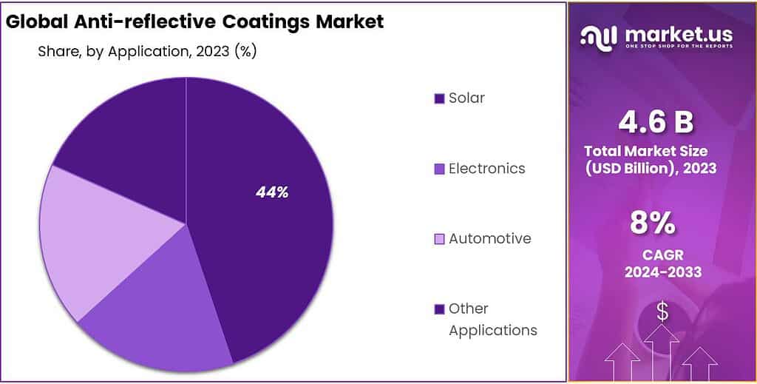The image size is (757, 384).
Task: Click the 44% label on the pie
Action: [271, 192]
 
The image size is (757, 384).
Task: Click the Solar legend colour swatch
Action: [439, 98]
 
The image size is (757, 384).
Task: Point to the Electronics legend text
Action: [486, 169]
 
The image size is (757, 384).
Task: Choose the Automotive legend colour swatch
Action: [439, 239]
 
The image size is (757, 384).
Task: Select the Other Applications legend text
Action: [492, 319]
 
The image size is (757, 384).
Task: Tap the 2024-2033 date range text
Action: [662, 272]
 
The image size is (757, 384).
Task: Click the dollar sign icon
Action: [662, 312]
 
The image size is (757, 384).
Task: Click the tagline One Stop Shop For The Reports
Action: [679, 47]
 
